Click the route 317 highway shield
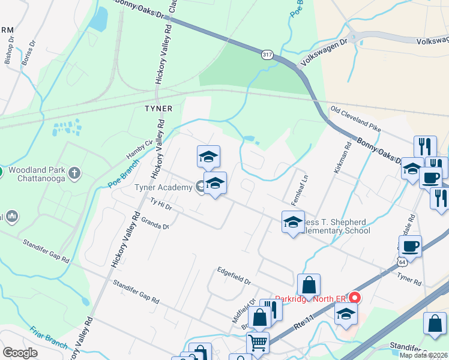click(267, 55)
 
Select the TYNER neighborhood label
click(158, 109)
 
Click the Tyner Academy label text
click(162, 188)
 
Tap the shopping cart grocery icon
click(258, 343)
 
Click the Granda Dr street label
click(155, 224)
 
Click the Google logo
click(20, 353)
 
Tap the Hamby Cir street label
click(137, 148)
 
